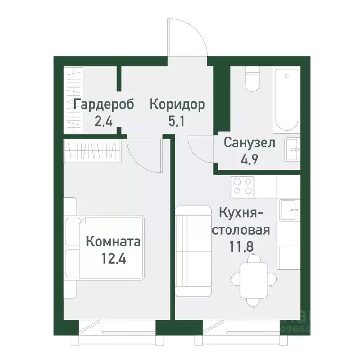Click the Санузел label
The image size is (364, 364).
tap(249, 143)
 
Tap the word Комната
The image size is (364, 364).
tap(113, 242)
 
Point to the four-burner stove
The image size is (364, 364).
tap(242, 186)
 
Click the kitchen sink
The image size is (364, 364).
tap(290, 209)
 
